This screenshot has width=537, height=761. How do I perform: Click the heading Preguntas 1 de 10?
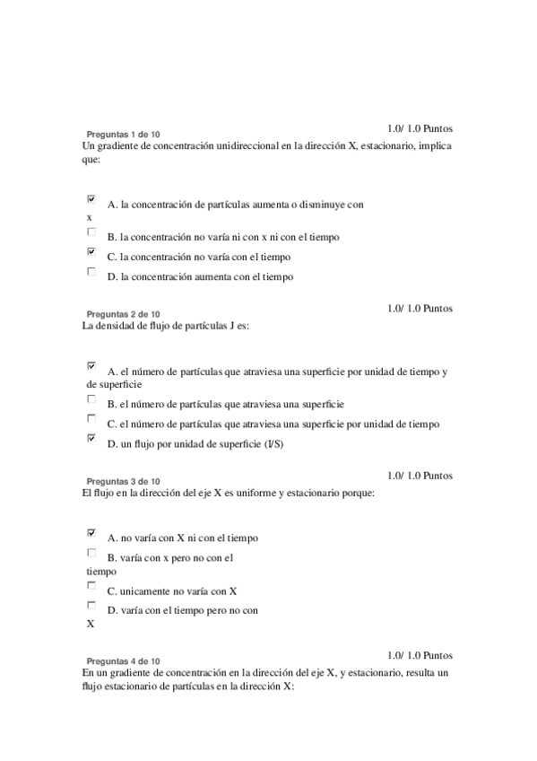point(123,134)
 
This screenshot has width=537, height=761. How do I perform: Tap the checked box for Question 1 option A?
point(91,198)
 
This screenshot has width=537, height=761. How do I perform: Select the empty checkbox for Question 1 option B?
point(91,232)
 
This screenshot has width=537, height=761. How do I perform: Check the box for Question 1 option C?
point(91,252)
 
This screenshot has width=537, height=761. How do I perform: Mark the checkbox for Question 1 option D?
point(91,271)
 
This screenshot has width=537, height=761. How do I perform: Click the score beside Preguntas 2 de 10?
point(420,308)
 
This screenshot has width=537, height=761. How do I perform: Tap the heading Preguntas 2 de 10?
point(123,314)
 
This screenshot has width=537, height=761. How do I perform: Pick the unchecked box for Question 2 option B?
point(91,398)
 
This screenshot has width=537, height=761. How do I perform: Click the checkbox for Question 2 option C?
point(91,418)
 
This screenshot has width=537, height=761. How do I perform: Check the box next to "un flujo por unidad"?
point(91,438)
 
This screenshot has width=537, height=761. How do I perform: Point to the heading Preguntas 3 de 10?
point(123,481)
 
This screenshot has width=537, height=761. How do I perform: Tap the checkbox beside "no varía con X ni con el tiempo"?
point(91,532)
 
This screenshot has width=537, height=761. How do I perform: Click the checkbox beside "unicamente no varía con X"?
point(91,585)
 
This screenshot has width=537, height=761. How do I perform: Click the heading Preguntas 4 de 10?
point(123,660)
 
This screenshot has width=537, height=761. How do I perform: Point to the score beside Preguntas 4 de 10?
point(420,655)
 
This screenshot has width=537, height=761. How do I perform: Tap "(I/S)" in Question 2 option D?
point(273,444)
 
